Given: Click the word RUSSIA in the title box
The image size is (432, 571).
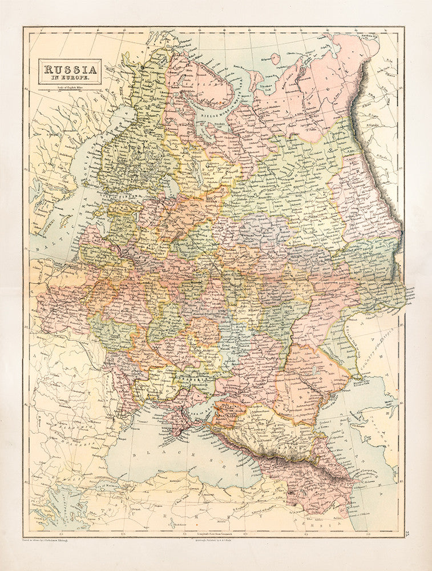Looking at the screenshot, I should [x=70, y=67].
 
